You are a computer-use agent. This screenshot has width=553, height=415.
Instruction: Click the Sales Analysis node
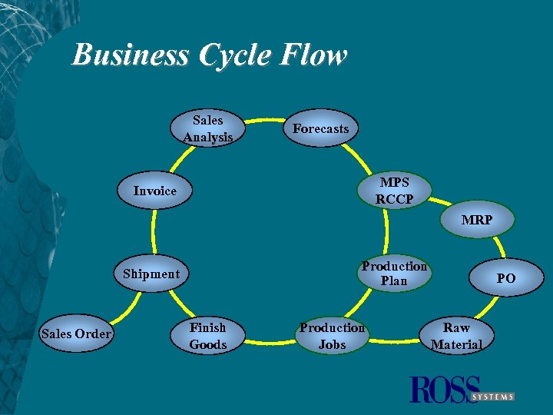click(208, 128)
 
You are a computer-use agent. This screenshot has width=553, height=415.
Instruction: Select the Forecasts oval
click(320, 129)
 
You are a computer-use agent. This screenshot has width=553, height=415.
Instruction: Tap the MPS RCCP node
click(395, 191)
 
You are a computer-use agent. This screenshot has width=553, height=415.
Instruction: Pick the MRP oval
click(477, 220)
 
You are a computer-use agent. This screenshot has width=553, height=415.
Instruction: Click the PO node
click(505, 278)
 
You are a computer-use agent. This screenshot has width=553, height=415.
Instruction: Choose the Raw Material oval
click(456, 336)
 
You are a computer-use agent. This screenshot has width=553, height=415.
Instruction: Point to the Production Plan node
click(394, 274)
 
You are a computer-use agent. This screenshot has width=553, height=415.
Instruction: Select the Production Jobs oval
click(332, 336)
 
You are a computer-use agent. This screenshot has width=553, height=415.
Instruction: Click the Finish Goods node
click(208, 336)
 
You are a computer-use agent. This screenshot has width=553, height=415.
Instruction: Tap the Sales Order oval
click(77, 334)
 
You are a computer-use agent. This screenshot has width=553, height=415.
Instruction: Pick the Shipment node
click(151, 274)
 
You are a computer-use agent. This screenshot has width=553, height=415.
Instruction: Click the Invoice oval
click(154, 191)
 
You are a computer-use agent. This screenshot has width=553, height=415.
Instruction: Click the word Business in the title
click(131, 55)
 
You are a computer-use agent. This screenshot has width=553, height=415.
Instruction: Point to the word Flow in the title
click(314, 55)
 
